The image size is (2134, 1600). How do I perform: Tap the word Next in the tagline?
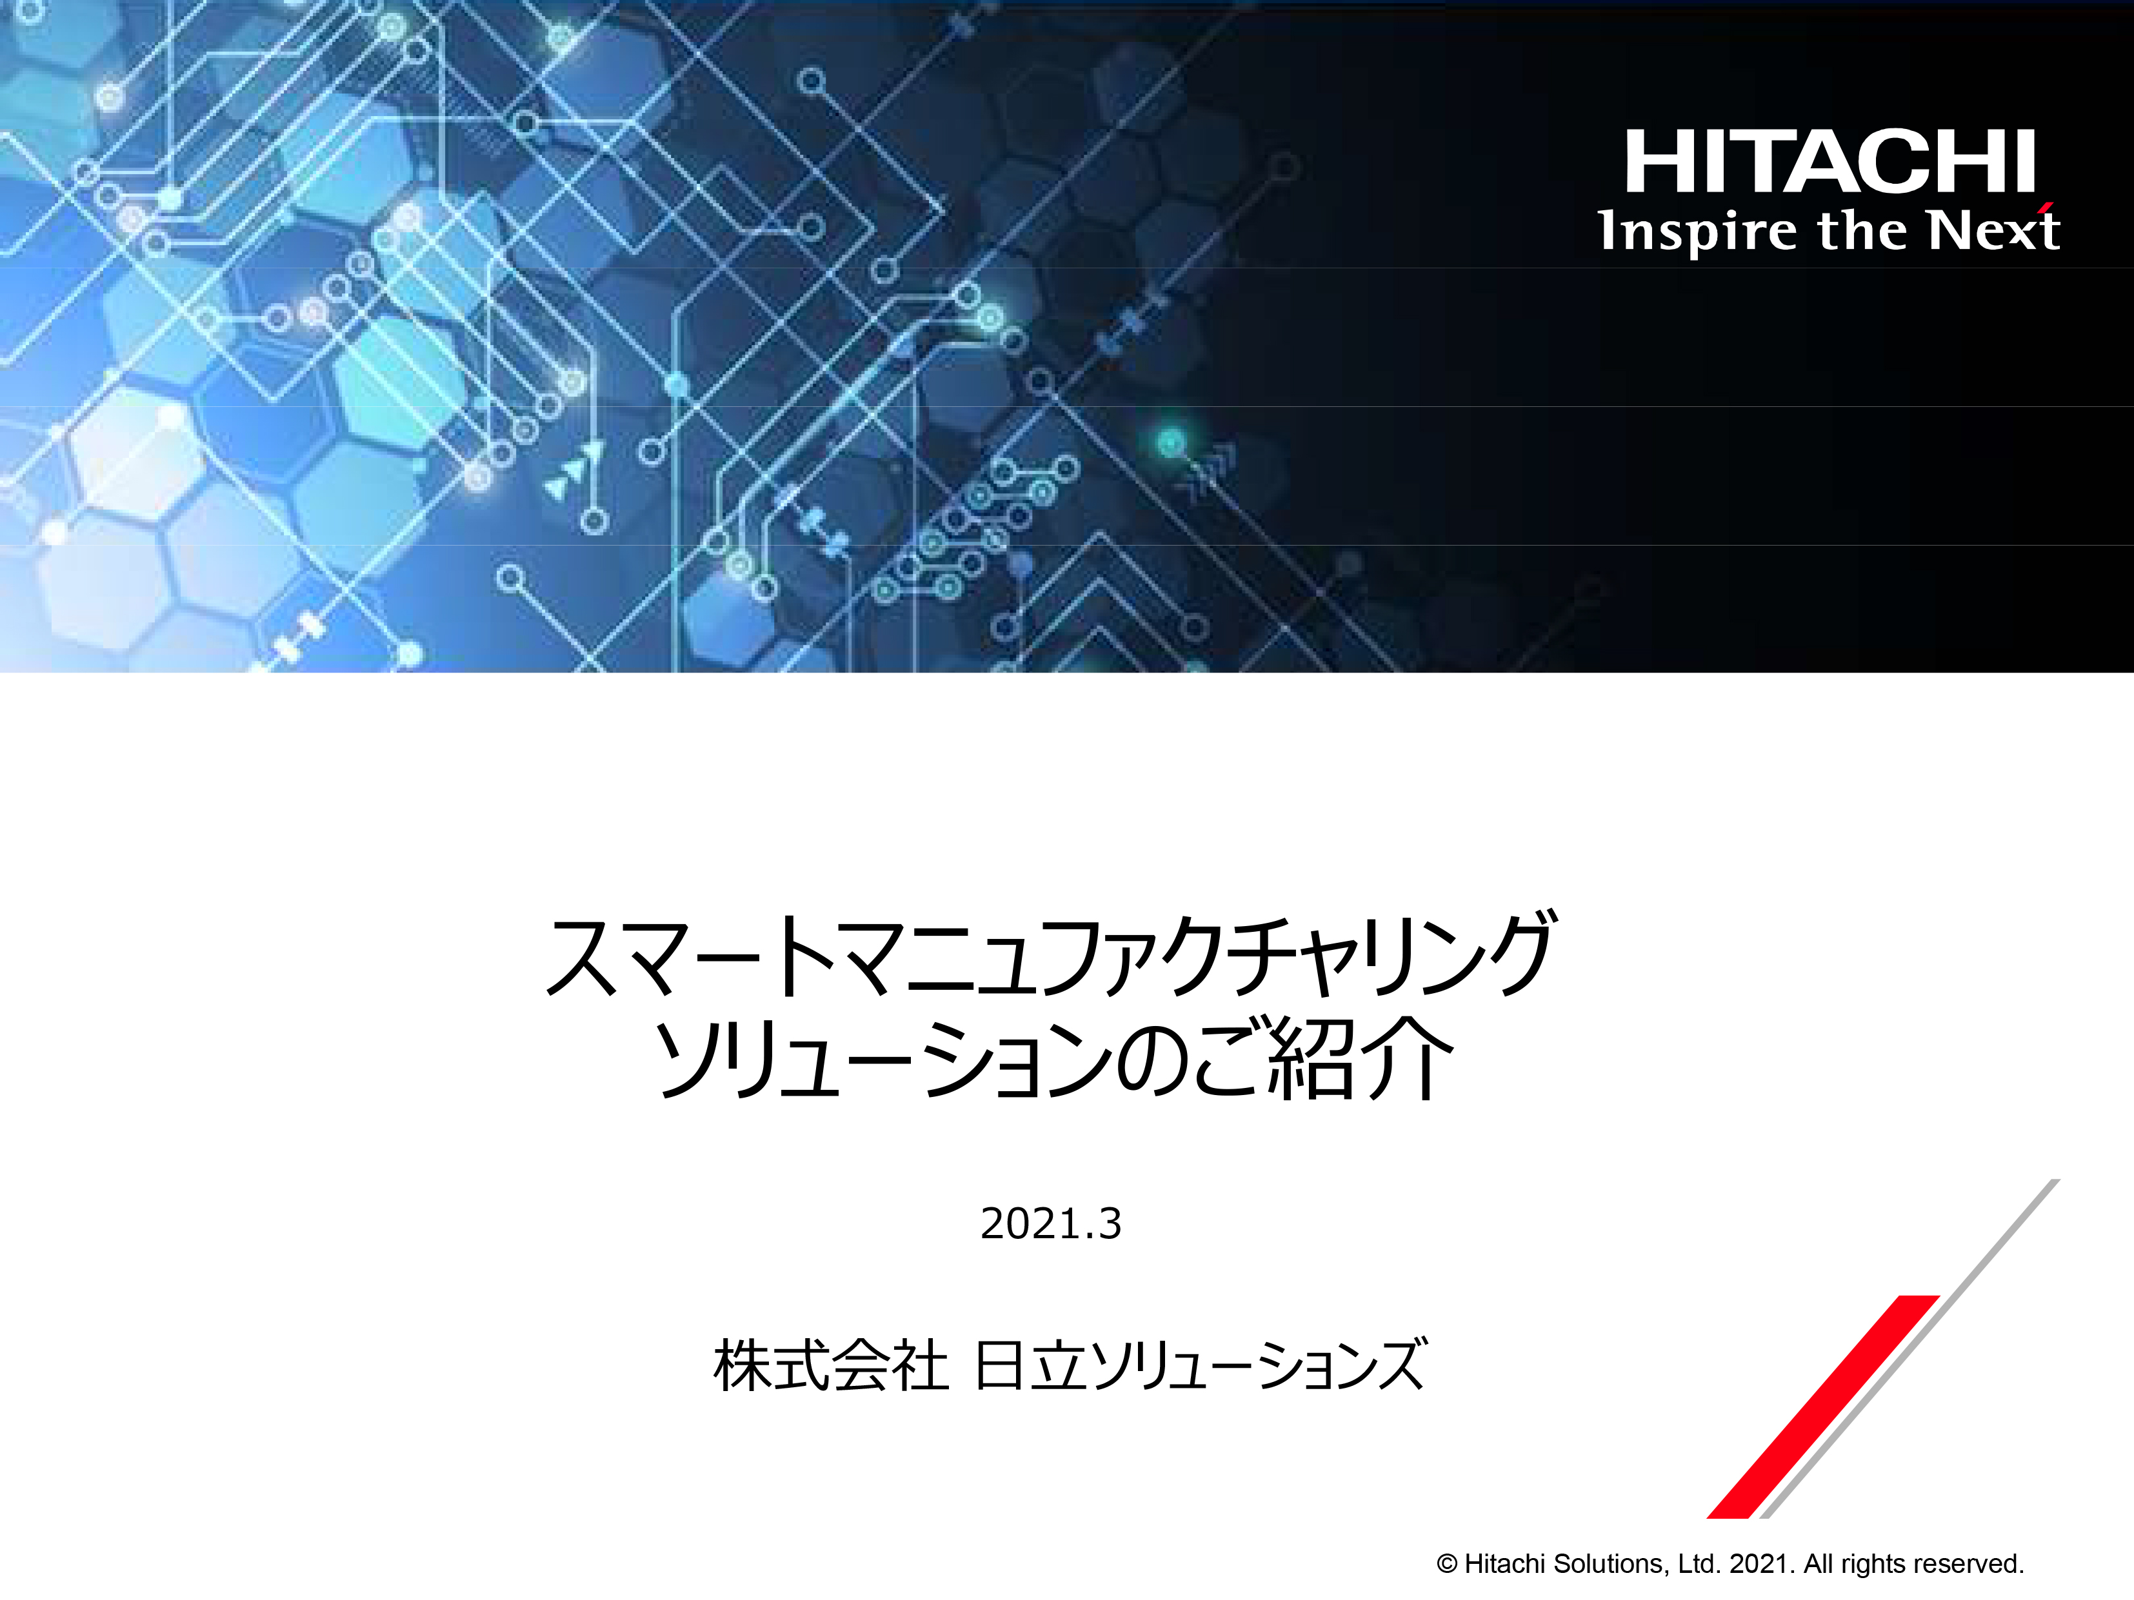[1993, 230]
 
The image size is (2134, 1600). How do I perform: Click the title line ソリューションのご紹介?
[1053, 1058]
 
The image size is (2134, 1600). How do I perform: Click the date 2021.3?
[1051, 1224]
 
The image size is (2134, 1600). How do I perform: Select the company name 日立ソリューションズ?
[1200, 1366]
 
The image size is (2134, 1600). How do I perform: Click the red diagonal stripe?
[1823, 1406]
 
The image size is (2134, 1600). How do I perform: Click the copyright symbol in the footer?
[1446, 1563]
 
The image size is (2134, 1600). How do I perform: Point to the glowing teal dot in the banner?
[1170, 442]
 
